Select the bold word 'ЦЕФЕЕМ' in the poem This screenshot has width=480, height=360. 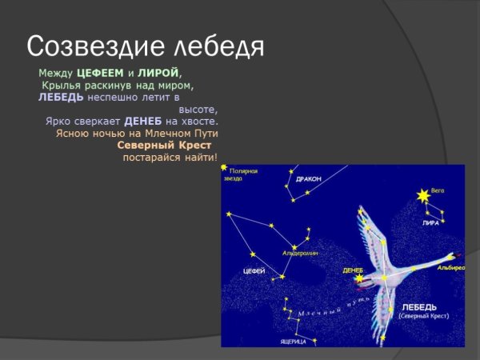pyautogui.click(x=100, y=73)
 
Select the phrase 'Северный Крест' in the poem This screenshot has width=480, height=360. pyautogui.click(x=164, y=146)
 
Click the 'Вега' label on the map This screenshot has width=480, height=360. pyautogui.click(x=437, y=190)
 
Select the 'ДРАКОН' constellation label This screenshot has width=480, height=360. pyautogui.click(x=308, y=179)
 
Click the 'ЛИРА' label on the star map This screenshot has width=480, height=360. pyautogui.click(x=430, y=223)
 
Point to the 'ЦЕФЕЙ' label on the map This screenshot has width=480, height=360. pyautogui.click(x=254, y=272)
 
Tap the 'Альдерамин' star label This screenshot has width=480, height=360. pyautogui.click(x=300, y=253)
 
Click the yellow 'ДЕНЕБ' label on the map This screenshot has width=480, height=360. pyautogui.click(x=353, y=270)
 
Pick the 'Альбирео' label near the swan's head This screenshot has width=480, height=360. pyautogui.click(x=450, y=268)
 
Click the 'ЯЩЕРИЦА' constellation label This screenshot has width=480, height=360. pyautogui.click(x=294, y=341)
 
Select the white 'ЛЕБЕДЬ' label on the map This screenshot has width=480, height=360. pyautogui.click(x=418, y=306)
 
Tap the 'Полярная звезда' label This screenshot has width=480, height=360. pyautogui.click(x=242, y=174)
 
